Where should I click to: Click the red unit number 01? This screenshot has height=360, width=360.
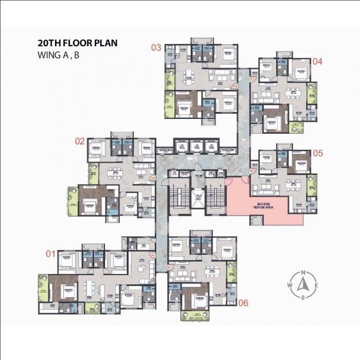click(x=50, y=253)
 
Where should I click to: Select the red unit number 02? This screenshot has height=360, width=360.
click(x=80, y=140)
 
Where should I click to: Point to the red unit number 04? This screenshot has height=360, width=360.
click(x=317, y=61)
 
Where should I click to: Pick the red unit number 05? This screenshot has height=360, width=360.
click(x=317, y=153)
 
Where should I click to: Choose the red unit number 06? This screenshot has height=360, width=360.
click(x=243, y=303)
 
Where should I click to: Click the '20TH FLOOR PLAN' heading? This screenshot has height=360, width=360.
click(x=77, y=43)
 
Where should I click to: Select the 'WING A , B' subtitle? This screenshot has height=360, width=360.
click(x=59, y=55)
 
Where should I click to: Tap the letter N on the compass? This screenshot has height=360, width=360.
click(x=303, y=273)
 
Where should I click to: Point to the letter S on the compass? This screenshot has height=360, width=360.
click(x=303, y=297)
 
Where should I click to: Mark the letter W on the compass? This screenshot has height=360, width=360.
click(x=291, y=285)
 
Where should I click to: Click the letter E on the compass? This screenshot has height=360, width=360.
click(x=316, y=285)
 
